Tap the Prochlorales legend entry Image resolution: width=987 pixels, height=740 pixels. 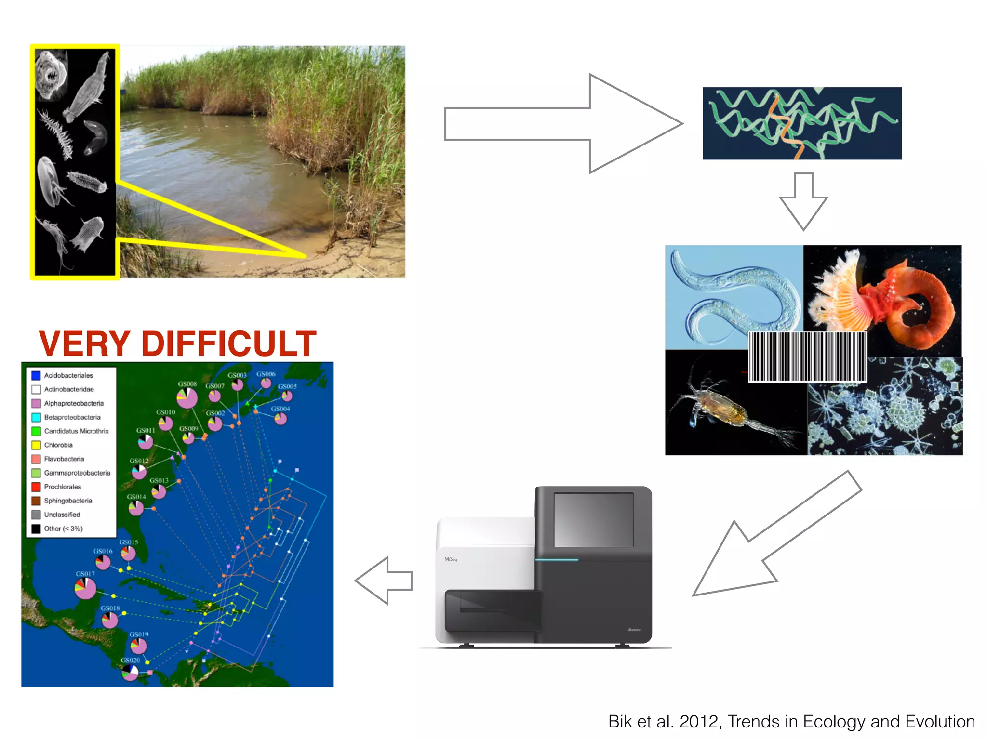62,487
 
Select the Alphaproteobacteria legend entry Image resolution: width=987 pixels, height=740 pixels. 73,403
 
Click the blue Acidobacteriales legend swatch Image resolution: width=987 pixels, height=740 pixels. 36,375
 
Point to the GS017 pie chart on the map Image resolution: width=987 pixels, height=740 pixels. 86,588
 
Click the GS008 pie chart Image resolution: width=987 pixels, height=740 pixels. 187,398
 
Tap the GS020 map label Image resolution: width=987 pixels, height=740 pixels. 130,660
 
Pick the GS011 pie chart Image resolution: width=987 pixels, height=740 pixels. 146,441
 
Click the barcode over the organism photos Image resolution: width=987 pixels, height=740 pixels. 807,357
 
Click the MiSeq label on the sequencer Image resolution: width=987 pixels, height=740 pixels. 451,559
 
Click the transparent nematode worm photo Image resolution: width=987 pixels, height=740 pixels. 733,296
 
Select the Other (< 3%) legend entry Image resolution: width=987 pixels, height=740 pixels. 63,529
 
